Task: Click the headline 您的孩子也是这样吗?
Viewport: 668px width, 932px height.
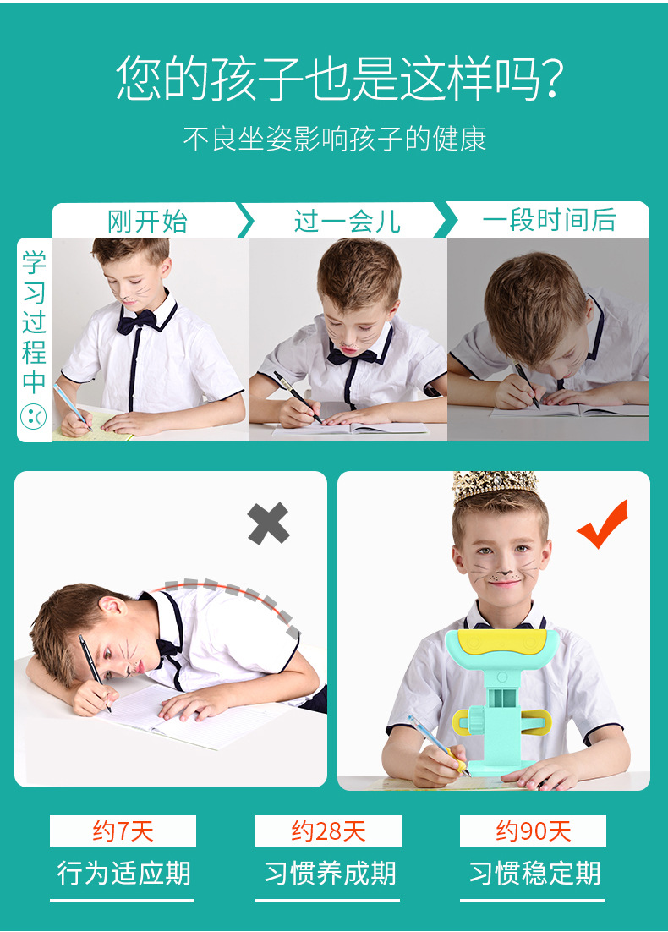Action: (x=340, y=77)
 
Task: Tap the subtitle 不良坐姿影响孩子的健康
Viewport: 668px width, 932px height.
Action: (x=335, y=139)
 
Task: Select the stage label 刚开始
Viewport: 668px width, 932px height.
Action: (x=147, y=222)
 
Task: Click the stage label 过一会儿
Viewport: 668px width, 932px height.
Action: (x=347, y=222)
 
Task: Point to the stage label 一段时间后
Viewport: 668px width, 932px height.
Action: (x=549, y=220)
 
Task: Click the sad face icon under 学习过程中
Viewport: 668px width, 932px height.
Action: (x=34, y=417)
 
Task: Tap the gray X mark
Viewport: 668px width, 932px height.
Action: (x=268, y=523)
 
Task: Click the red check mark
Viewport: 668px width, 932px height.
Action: (x=604, y=523)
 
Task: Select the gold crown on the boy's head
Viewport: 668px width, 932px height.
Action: (x=496, y=487)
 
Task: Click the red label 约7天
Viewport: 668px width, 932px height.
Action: (x=123, y=831)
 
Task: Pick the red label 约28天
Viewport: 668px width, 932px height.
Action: (x=328, y=831)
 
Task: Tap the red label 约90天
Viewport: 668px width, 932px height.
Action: (x=533, y=831)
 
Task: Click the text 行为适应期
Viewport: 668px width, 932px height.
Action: (x=123, y=873)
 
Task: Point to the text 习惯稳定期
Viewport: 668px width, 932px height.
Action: (x=534, y=873)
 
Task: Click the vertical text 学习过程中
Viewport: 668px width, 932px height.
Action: (x=34, y=321)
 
